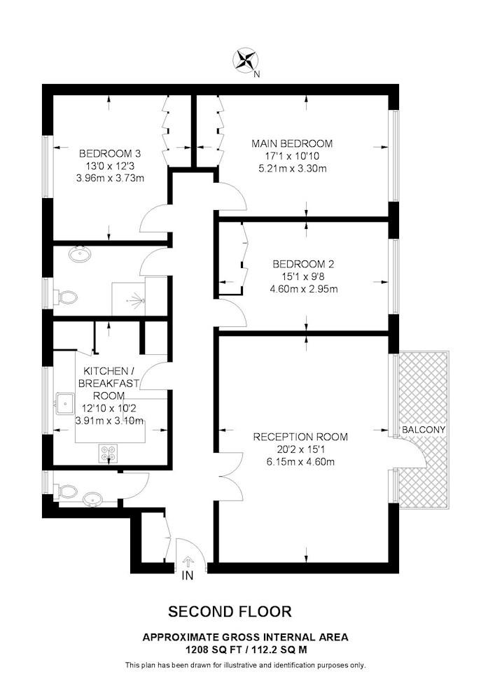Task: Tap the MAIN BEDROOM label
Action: (292, 143)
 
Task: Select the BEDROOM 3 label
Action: (110, 153)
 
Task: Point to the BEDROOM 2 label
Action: (304, 264)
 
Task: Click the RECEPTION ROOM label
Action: (300, 437)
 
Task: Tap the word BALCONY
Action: (424, 430)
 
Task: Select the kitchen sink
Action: (65, 403)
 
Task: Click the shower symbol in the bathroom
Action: (137, 300)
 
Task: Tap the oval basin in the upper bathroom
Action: (80, 254)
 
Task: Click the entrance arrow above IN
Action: (188, 561)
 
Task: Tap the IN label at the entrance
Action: (188, 576)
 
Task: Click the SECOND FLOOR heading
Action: (230, 611)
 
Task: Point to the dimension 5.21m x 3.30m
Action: (293, 169)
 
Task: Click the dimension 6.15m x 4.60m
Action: (300, 461)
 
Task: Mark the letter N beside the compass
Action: (256, 75)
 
